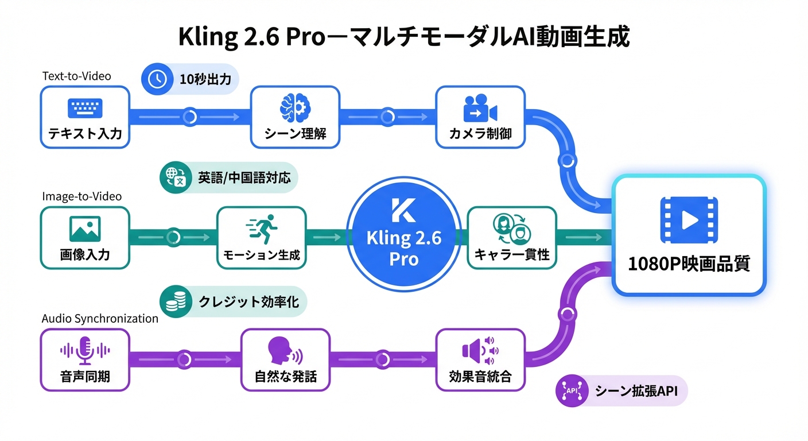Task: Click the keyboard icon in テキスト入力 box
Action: pos(84,108)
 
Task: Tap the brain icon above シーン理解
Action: pos(295,107)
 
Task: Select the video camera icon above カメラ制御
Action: pos(479,108)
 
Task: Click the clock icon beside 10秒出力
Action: pos(157,79)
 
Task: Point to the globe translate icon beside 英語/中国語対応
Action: pos(174,179)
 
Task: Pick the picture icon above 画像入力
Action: pos(85,228)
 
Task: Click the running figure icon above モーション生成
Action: pos(261,229)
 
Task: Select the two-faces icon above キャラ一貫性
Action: pos(511,228)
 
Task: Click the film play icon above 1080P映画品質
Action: pos(689,219)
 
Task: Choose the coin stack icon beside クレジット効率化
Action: pos(175,301)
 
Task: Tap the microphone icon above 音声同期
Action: pos(85,350)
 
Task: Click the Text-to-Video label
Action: pos(76,76)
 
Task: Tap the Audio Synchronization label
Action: pos(100,318)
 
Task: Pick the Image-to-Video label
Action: pos(81,196)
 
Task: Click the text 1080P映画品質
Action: pos(689,264)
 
